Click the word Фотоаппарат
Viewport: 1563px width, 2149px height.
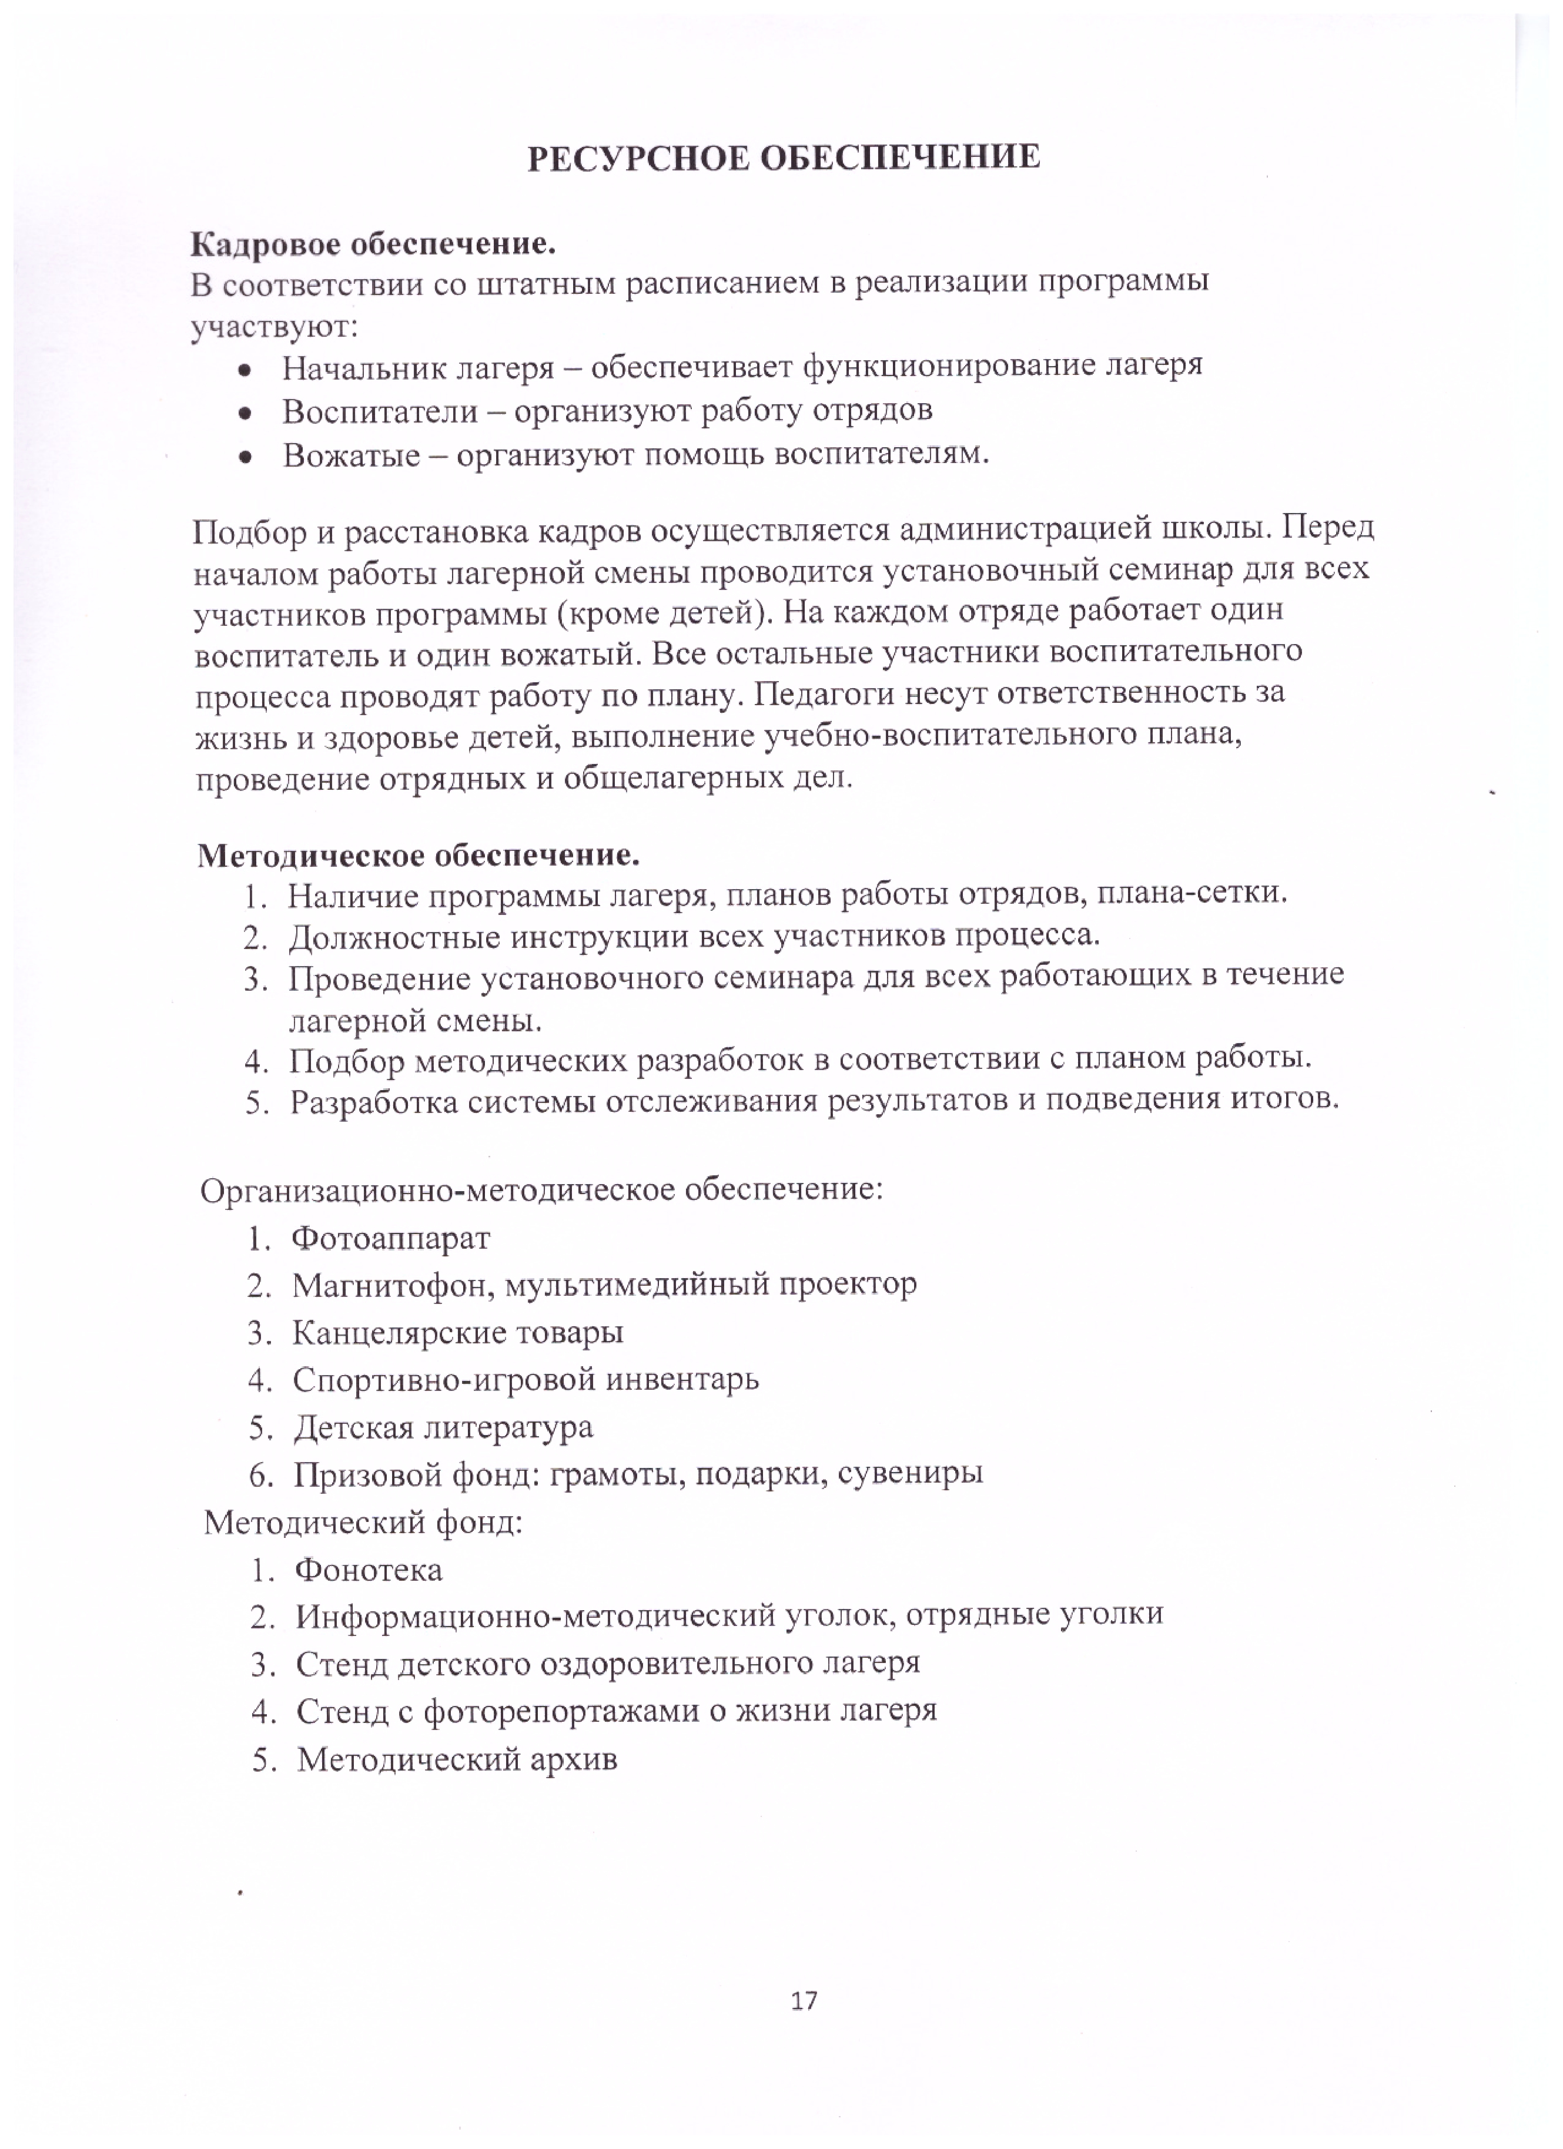pos(390,1238)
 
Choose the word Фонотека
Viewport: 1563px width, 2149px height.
pos(369,1571)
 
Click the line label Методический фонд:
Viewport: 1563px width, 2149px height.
pos(363,1523)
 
